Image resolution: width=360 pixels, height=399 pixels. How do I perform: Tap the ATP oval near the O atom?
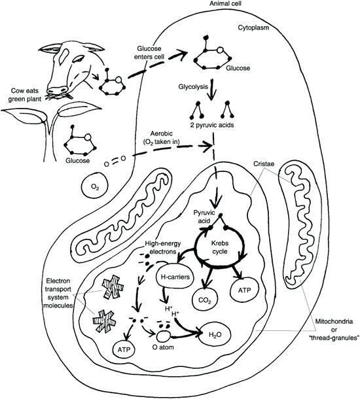point(128,351)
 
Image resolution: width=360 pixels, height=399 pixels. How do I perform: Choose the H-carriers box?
point(176,277)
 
